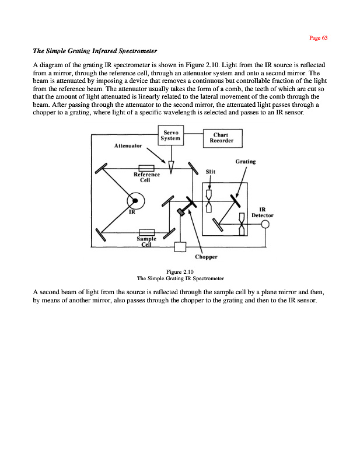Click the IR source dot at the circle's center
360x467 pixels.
pyautogui.click(x=135, y=201)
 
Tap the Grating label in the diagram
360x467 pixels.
pyautogui.click(x=245, y=161)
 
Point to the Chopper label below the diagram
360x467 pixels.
pyautogui.click(x=207, y=256)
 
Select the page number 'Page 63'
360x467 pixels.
pyautogui.click(x=318, y=37)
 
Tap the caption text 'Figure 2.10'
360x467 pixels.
pyautogui.click(x=180, y=272)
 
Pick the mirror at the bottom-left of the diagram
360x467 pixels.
pyautogui.click(x=100, y=235)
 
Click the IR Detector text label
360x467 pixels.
pyautogui.click(x=263, y=212)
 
